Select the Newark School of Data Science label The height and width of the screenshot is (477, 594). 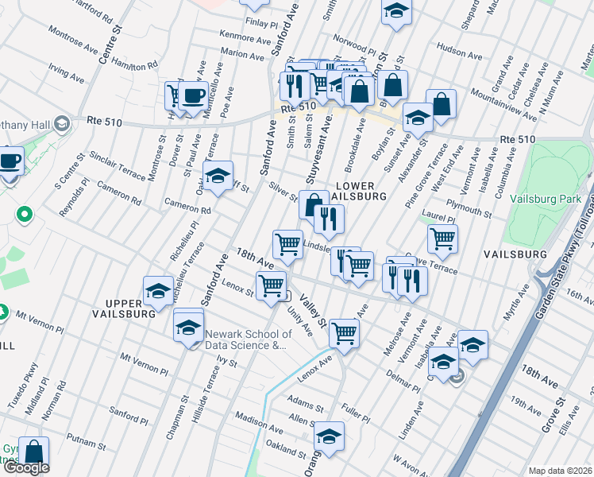245,339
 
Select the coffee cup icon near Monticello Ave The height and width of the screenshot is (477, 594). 193,96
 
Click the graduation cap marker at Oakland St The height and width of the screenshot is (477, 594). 329,436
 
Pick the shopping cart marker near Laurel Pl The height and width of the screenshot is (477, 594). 442,237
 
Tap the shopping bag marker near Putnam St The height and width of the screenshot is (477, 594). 33,451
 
